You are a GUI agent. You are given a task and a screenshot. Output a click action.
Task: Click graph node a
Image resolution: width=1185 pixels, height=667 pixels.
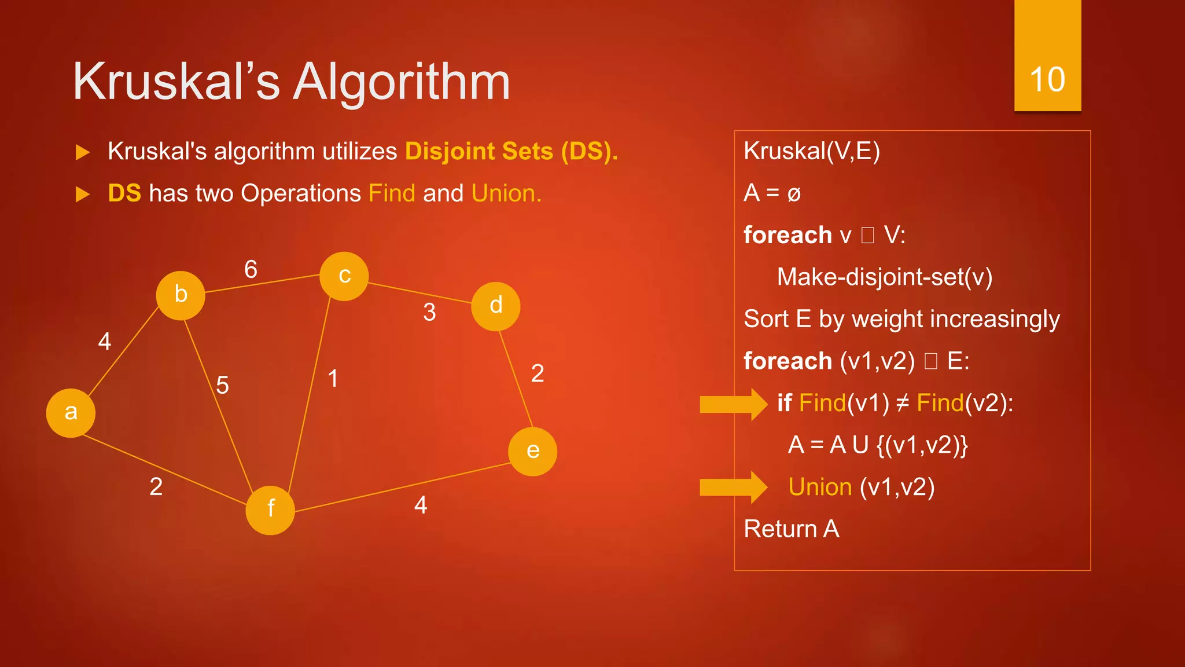click(x=71, y=413)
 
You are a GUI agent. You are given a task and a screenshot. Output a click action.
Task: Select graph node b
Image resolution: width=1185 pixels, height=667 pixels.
click(x=181, y=295)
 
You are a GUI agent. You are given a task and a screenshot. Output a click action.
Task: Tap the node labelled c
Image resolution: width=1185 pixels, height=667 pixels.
click(x=344, y=276)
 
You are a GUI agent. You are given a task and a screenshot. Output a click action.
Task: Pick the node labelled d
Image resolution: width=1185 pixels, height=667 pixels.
click(x=495, y=306)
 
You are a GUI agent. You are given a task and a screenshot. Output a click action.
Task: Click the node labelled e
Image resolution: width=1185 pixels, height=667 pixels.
click(x=532, y=452)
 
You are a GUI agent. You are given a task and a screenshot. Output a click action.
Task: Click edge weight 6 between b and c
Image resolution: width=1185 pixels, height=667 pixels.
click(x=251, y=269)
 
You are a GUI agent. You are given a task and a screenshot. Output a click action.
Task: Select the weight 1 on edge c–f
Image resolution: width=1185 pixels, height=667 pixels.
click(x=333, y=379)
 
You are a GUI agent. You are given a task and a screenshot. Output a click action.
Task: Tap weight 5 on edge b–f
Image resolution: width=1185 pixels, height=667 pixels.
click(x=222, y=385)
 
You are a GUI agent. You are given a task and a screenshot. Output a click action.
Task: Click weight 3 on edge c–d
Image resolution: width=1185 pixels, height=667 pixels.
click(x=429, y=313)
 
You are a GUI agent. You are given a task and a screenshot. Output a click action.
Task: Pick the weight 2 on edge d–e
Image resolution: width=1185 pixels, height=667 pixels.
click(x=538, y=373)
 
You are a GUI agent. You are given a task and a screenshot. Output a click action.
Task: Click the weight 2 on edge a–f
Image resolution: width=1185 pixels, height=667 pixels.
click(x=156, y=487)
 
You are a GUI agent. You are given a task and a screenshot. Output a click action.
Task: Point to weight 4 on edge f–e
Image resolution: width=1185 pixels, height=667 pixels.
click(x=421, y=505)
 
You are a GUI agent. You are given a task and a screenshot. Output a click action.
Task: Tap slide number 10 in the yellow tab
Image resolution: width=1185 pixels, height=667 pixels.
click(x=1047, y=79)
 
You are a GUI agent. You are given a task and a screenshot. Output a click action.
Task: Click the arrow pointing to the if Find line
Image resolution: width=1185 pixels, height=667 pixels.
click(x=733, y=404)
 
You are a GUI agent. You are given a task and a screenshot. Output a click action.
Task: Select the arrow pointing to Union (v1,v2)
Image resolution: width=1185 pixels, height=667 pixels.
click(x=733, y=487)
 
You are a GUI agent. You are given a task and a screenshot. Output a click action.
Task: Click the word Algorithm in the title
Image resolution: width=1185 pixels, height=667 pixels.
click(x=402, y=82)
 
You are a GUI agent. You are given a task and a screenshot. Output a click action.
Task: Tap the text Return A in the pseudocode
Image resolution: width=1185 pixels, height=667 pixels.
click(x=791, y=529)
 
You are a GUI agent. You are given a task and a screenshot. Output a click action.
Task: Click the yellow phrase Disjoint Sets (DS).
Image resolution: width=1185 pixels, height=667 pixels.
click(x=511, y=152)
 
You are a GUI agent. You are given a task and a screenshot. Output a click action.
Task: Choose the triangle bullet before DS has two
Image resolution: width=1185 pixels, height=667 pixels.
click(x=83, y=195)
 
